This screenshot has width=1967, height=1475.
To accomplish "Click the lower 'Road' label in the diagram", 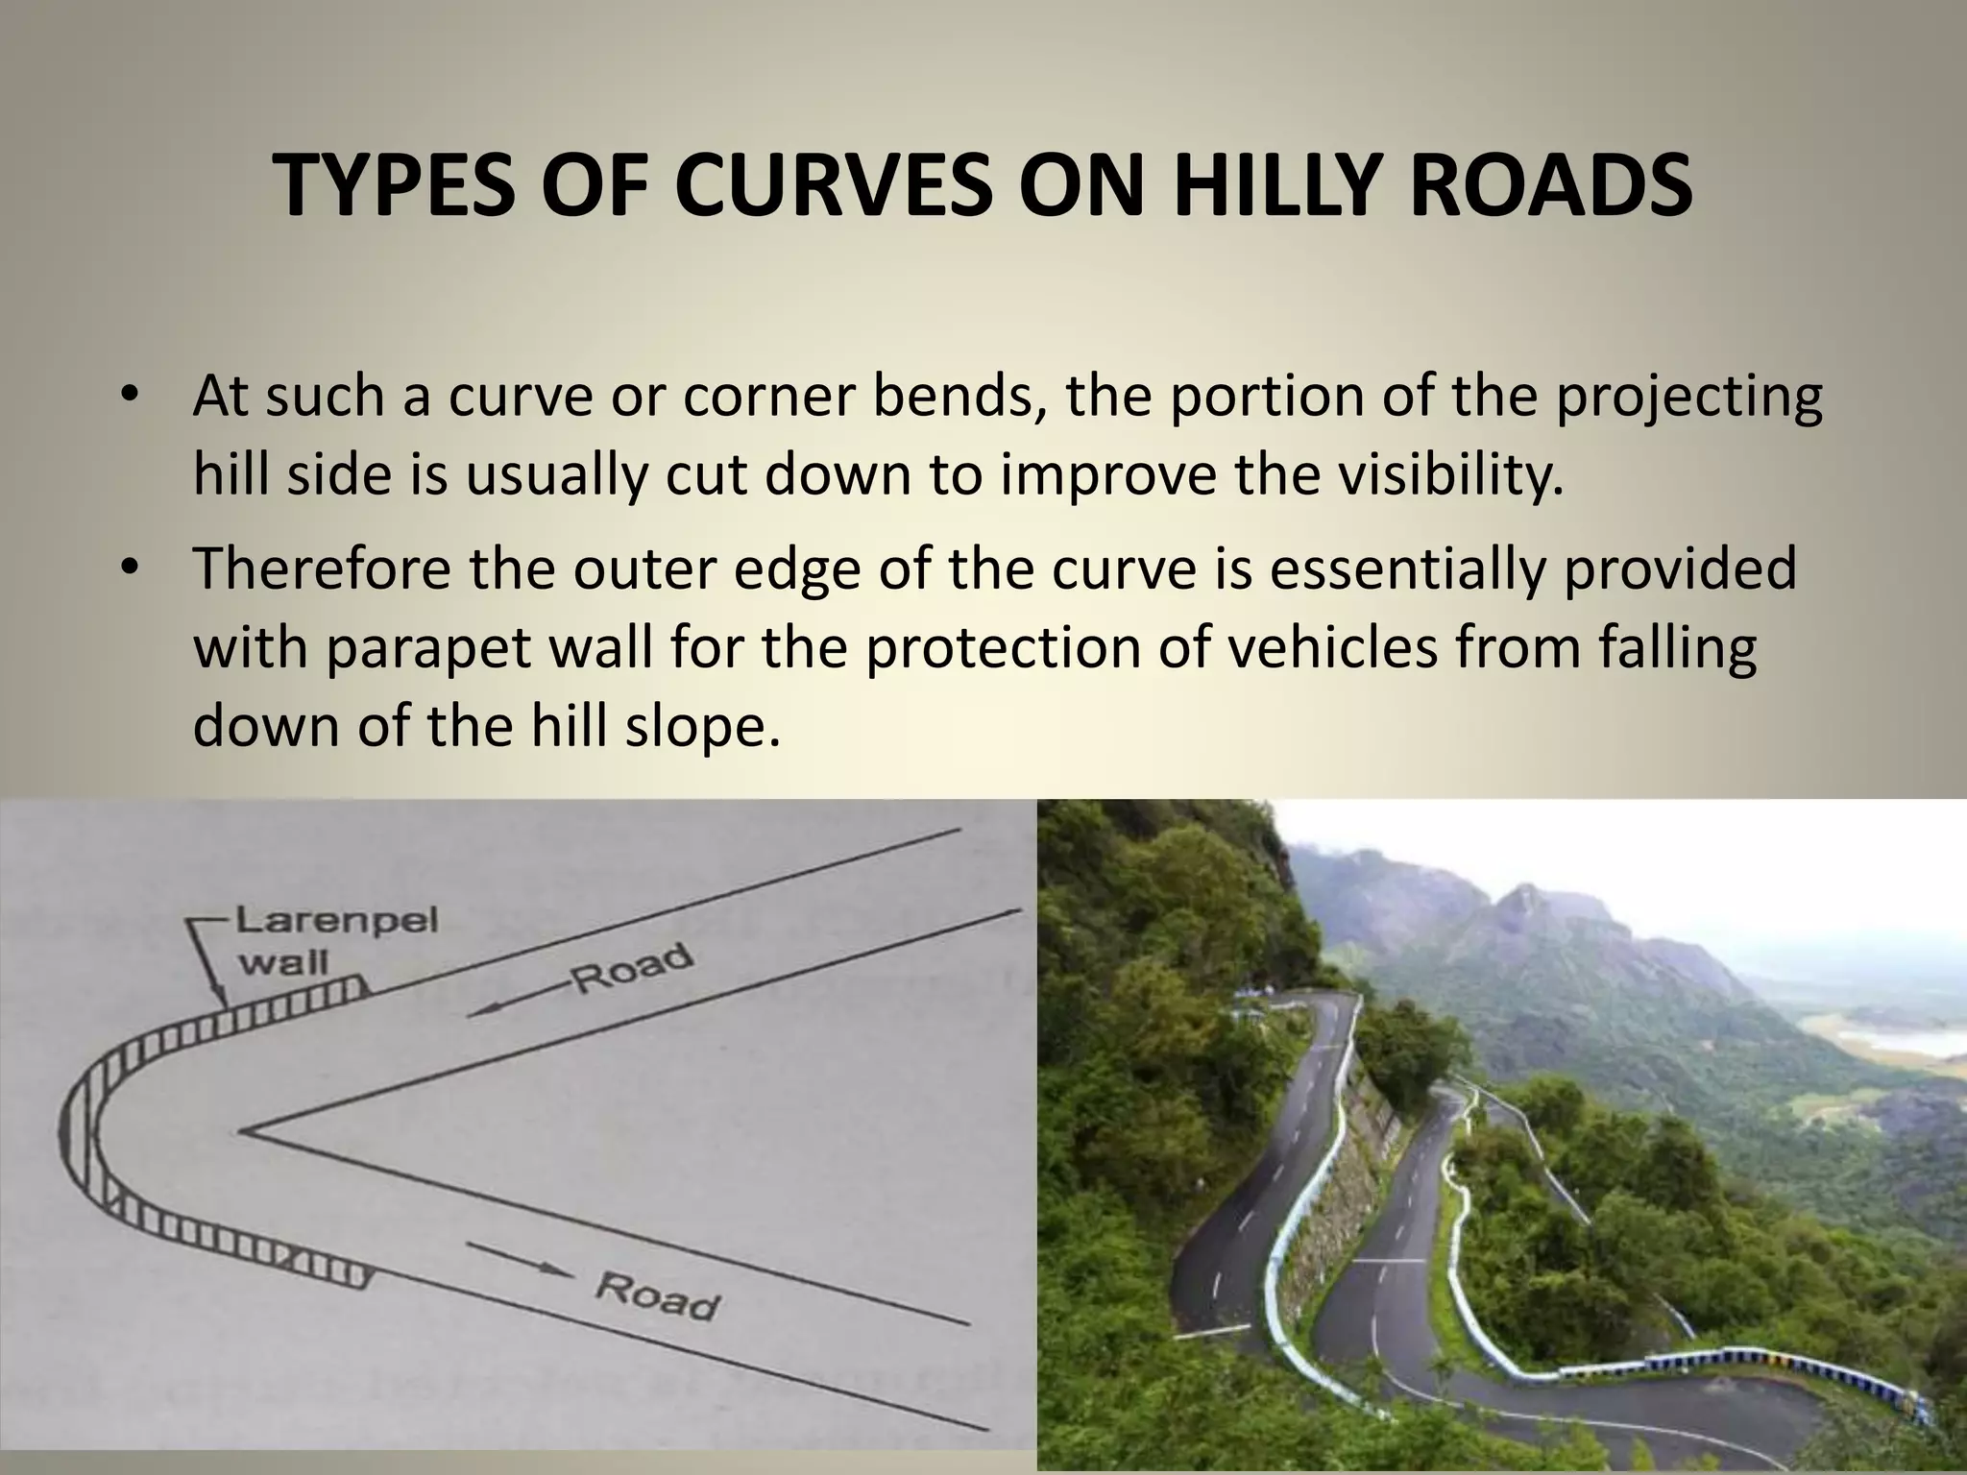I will [x=657, y=1295].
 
